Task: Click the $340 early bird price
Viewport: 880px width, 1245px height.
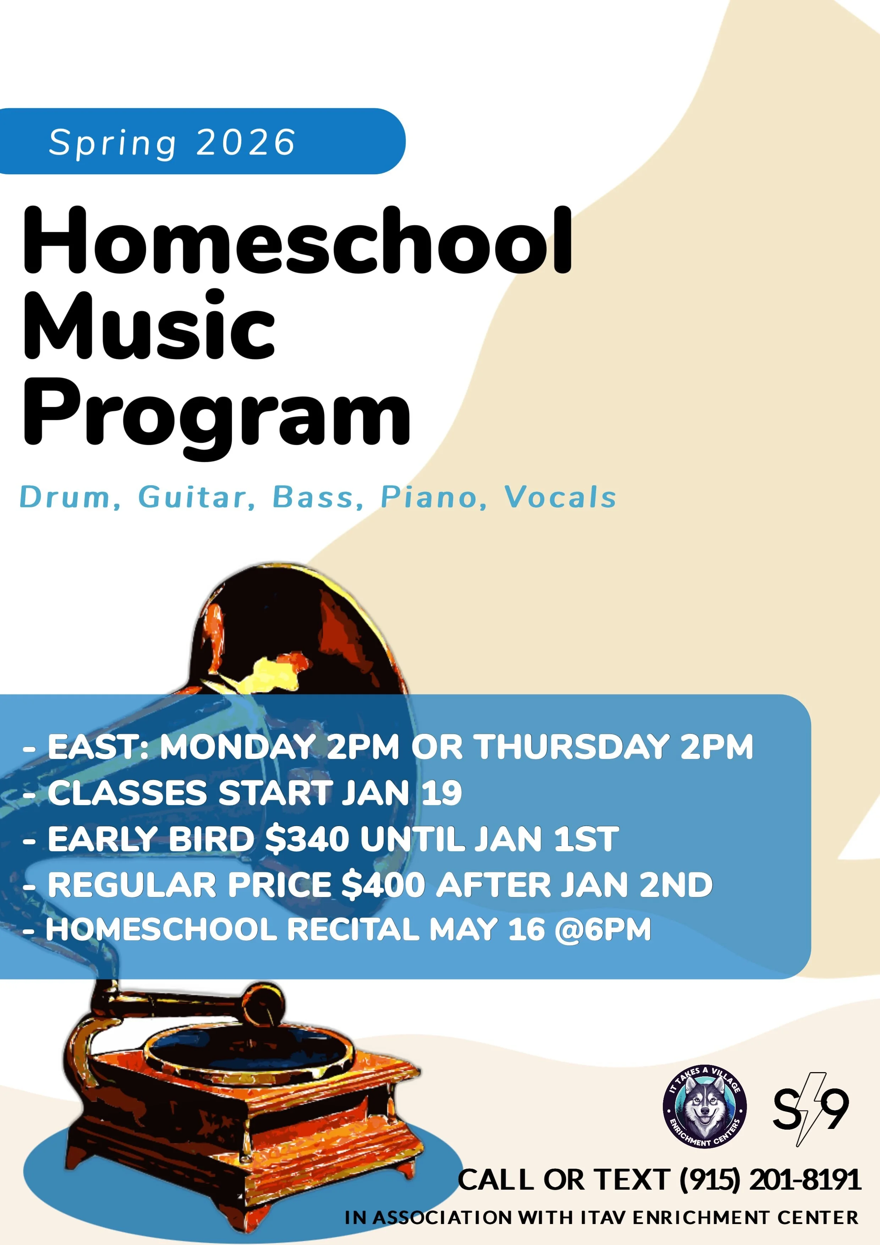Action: (307, 839)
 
